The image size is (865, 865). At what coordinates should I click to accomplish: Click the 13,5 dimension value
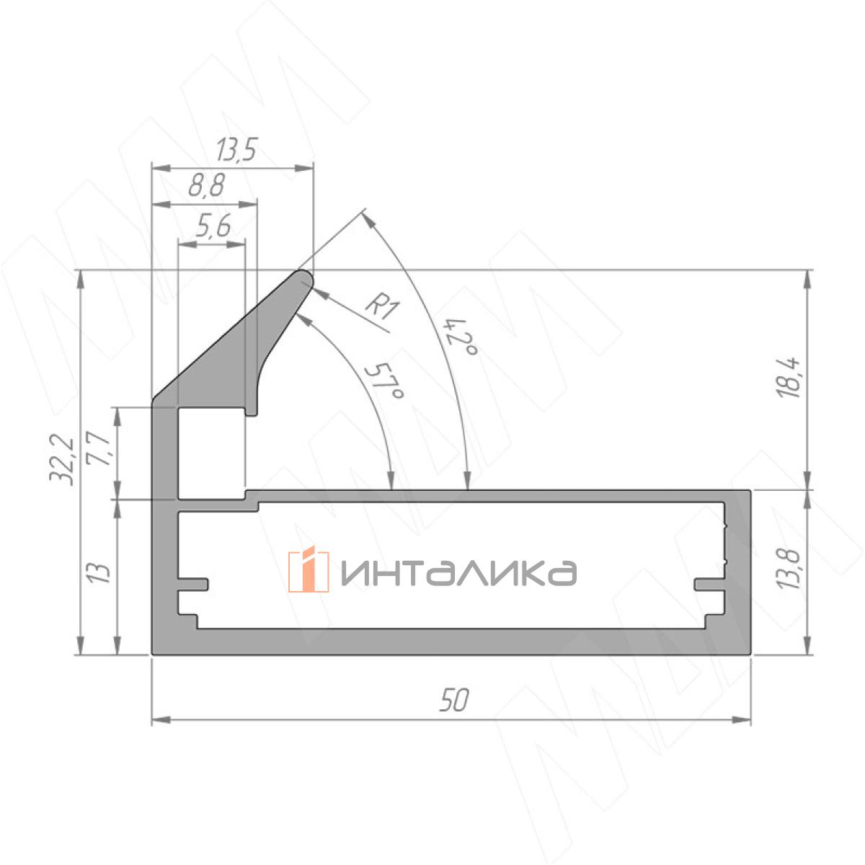236,149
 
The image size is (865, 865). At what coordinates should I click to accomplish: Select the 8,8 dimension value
206,185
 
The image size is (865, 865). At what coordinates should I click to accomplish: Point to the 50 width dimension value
454,700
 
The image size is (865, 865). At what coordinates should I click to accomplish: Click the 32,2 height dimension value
61,458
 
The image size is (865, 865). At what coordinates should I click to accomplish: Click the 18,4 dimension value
789,378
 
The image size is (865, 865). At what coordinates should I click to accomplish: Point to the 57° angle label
384,381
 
